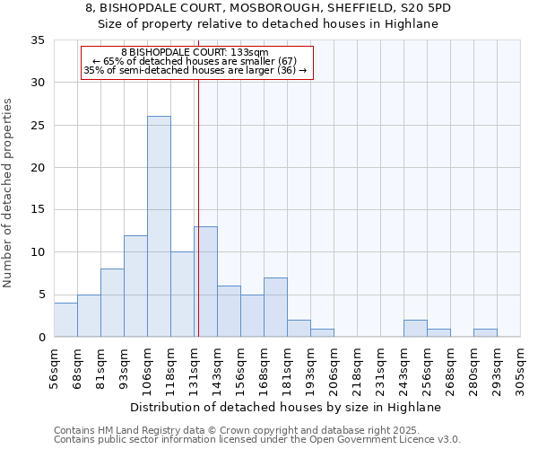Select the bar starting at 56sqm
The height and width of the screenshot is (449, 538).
pos(65,320)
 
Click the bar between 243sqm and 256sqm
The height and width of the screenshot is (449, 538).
pos(415,328)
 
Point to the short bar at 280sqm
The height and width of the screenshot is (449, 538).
pos(485,332)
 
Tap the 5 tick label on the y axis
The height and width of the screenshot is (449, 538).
pos(40,295)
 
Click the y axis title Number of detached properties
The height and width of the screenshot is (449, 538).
pos(8,193)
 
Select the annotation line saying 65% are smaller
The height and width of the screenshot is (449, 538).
pos(195,61)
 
